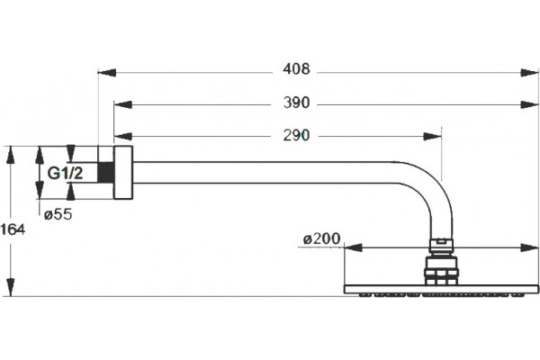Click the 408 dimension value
click(x=296, y=69)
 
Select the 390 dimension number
click(x=296, y=103)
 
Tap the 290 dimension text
click(x=296, y=135)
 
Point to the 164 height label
click(x=13, y=229)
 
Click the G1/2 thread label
click(x=65, y=173)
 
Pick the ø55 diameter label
click(x=58, y=214)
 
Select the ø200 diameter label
click(x=321, y=238)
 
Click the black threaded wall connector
click(x=105, y=172)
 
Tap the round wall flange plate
click(x=123, y=172)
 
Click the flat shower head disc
click(x=441, y=290)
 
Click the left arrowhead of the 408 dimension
click(x=107, y=73)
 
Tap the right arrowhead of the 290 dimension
click(x=432, y=137)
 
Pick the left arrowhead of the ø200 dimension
click(x=353, y=247)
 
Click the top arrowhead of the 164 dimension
click(x=11, y=155)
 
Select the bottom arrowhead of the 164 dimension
click(x=11, y=287)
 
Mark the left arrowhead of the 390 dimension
click(x=123, y=104)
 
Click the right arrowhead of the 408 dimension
click(x=529, y=73)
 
